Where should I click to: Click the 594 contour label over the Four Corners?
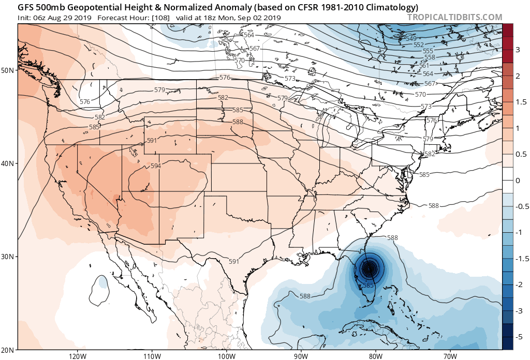(156, 166)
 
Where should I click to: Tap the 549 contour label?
(411, 39)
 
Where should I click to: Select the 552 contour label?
(419, 45)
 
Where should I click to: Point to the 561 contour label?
(424, 66)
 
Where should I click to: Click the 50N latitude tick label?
(8, 70)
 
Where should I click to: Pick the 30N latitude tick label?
(8, 257)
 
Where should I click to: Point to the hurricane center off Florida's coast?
(369, 268)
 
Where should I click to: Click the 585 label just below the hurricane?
(368, 285)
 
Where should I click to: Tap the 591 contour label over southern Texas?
(233, 261)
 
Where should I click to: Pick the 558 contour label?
(430, 57)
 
